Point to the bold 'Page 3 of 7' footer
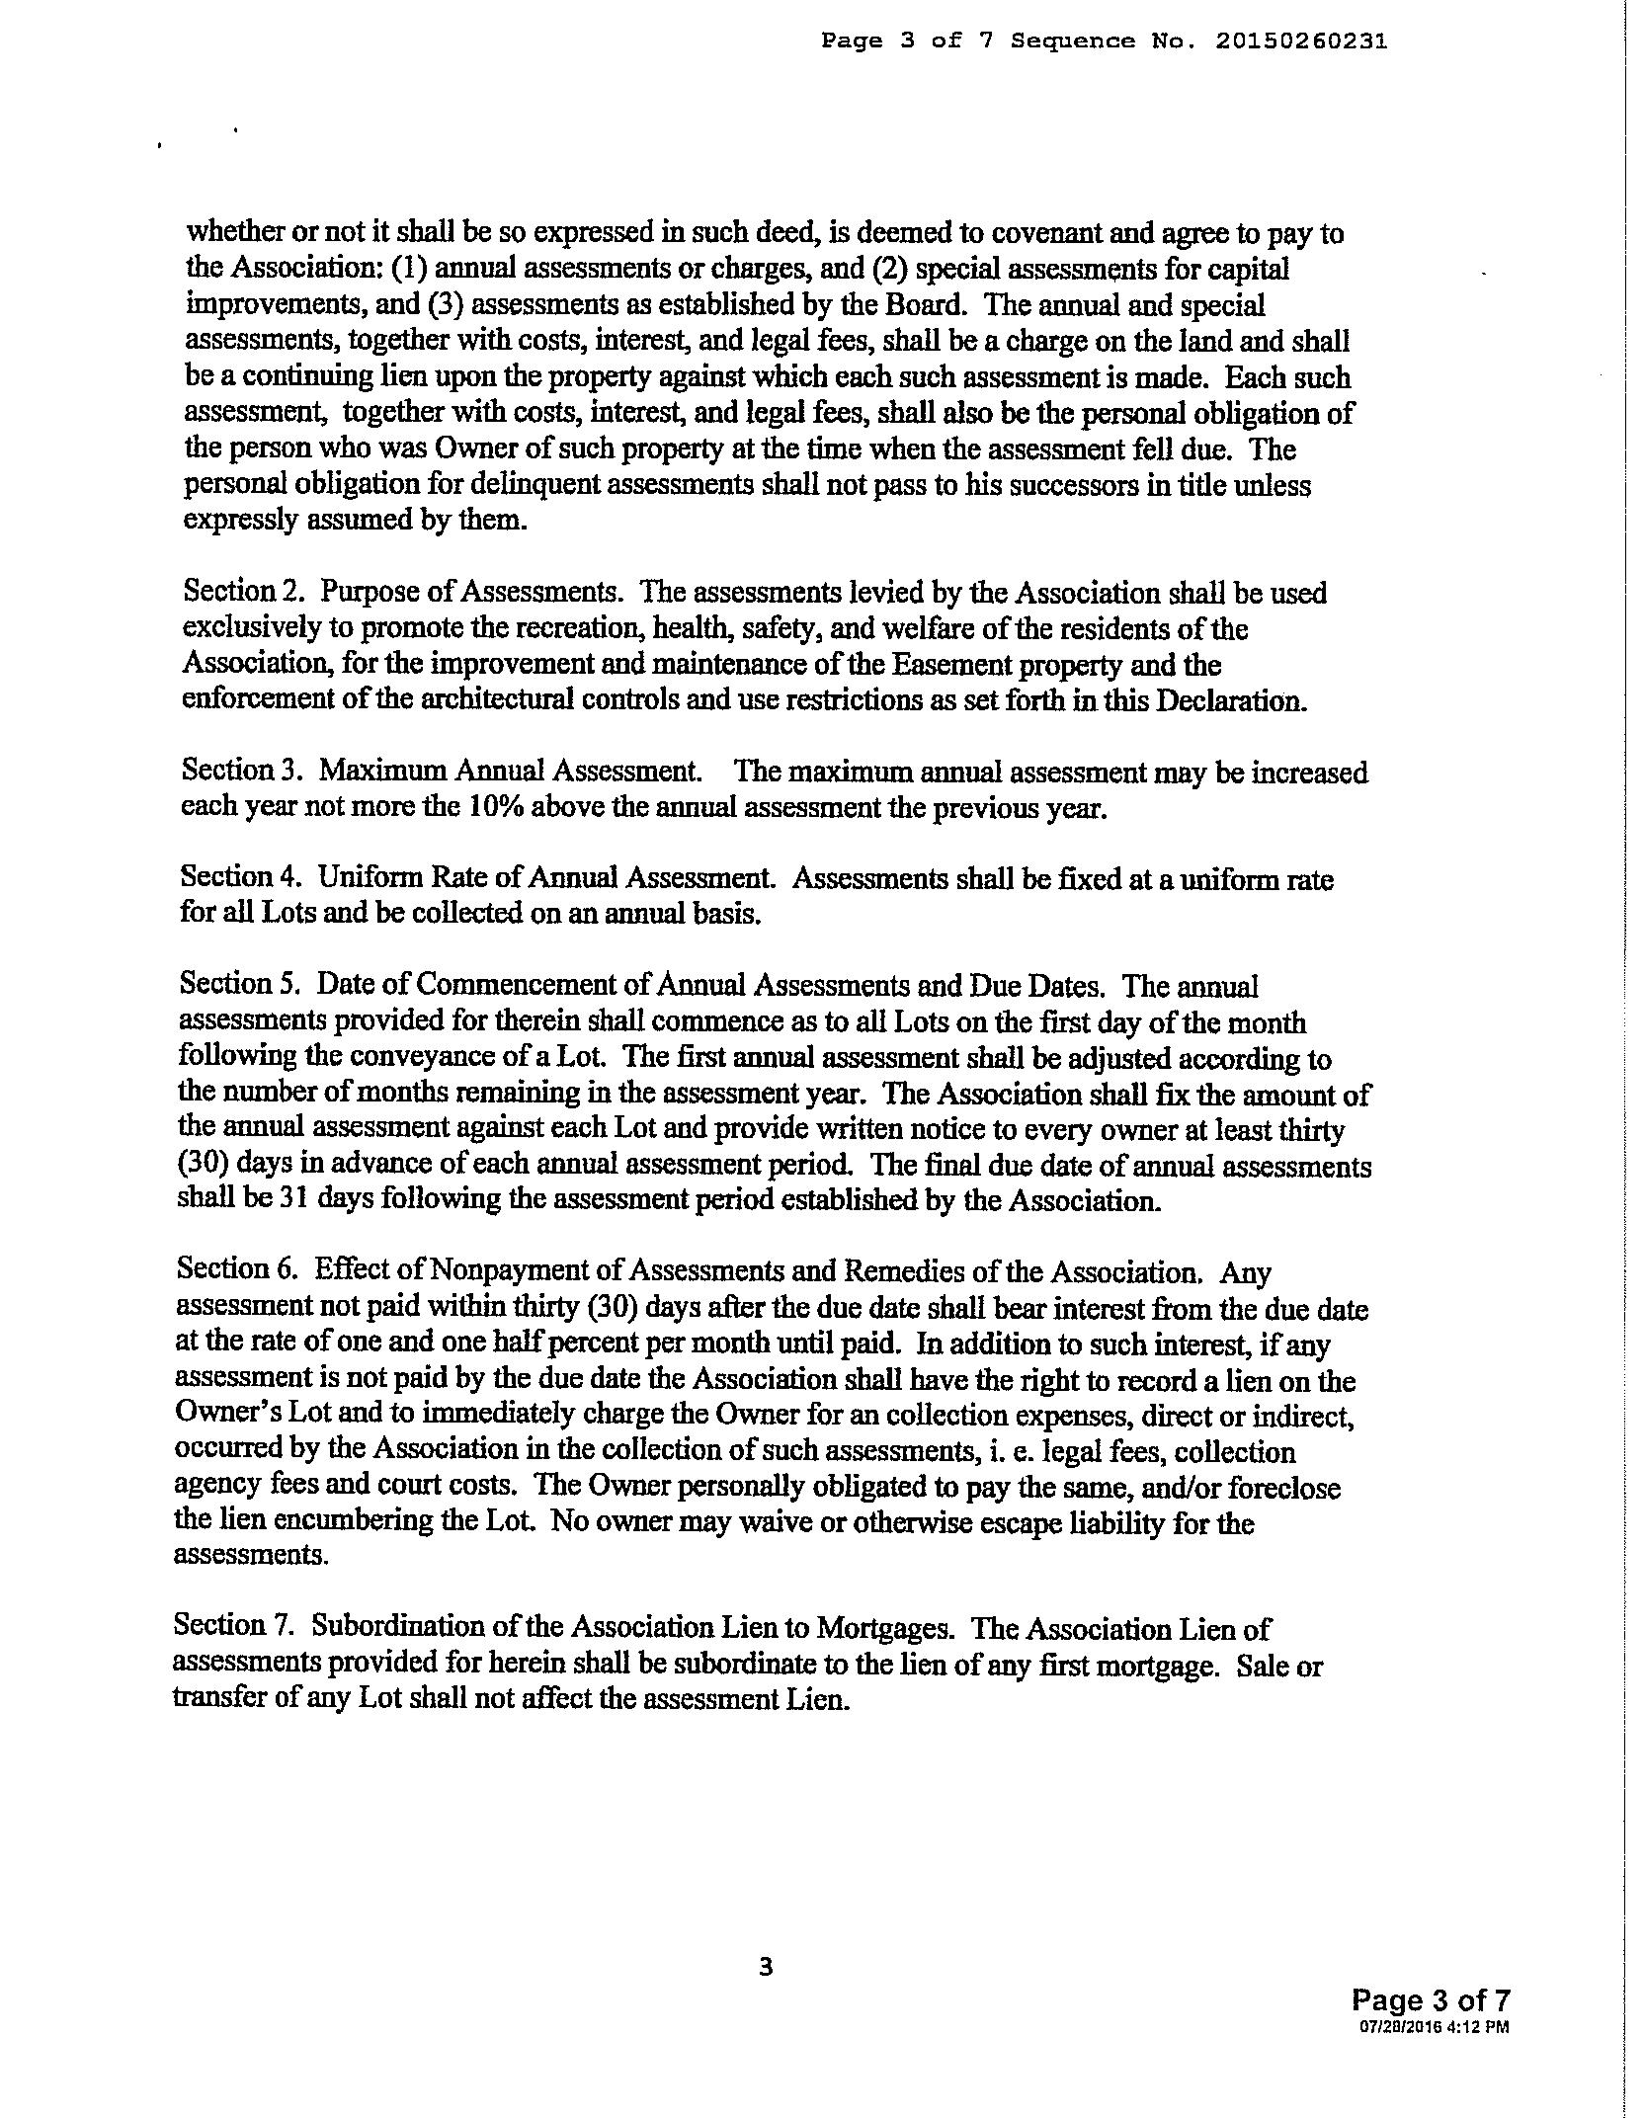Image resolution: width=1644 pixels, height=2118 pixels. (1431, 2000)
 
